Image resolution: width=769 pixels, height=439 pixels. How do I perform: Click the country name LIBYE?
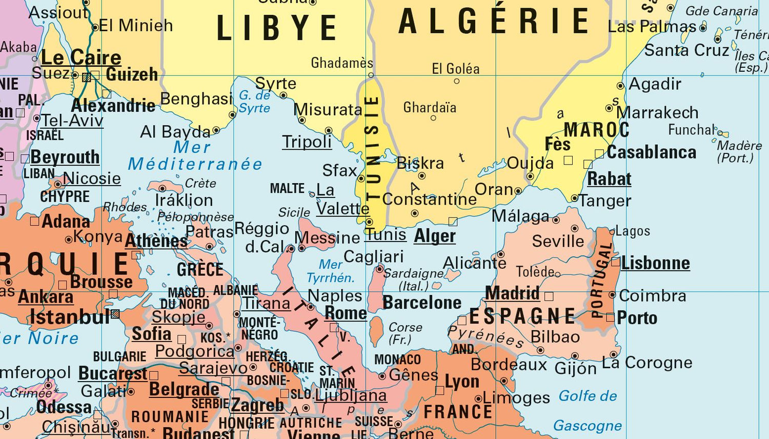click(x=277, y=28)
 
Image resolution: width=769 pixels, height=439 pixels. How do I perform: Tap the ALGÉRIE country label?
click(x=494, y=22)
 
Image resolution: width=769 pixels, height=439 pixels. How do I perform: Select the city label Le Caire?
click(x=81, y=57)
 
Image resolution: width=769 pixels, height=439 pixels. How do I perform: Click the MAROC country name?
click(x=596, y=130)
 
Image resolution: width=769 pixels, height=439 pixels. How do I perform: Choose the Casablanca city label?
click(x=652, y=152)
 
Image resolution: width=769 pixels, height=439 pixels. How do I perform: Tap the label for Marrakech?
click(x=657, y=112)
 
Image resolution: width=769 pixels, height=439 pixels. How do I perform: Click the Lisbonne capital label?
click(x=655, y=263)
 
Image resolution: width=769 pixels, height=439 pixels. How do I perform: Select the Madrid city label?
click(x=512, y=293)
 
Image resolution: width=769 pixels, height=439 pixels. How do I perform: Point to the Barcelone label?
click(x=422, y=303)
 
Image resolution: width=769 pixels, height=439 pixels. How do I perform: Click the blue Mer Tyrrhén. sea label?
click(x=331, y=271)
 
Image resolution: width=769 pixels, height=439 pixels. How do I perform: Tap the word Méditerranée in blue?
click(x=195, y=164)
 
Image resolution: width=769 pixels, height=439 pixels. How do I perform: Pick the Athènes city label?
click(x=156, y=241)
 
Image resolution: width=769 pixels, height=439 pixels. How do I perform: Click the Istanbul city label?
click(x=70, y=317)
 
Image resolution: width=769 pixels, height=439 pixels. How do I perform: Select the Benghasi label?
click(x=196, y=98)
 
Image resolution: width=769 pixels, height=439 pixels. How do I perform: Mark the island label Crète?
click(x=200, y=183)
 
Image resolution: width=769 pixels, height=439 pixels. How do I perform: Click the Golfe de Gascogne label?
click(x=588, y=410)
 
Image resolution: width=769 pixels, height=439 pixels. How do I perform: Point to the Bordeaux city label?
click(x=509, y=365)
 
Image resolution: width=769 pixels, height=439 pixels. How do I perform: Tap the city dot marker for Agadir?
click(x=620, y=86)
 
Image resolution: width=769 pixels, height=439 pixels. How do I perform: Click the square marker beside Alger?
click(x=453, y=222)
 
